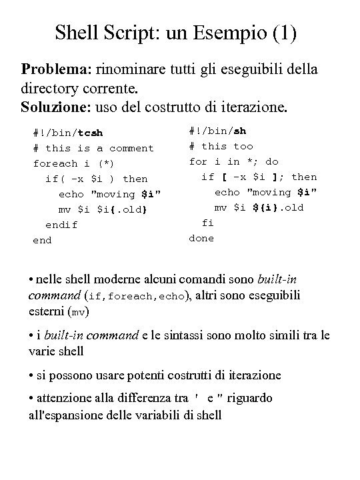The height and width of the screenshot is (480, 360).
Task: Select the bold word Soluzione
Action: (x=56, y=107)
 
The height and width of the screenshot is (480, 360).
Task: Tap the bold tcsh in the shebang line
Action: (x=91, y=133)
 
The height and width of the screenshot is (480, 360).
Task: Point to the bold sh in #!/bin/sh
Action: (x=239, y=131)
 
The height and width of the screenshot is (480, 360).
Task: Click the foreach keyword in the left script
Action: (x=55, y=163)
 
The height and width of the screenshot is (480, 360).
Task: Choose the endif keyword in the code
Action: (x=62, y=225)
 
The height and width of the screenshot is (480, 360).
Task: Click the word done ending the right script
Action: (x=202, y=238)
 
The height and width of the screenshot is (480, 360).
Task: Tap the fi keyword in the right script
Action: (x=208, y=223)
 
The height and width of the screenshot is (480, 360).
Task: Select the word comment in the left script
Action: (x=131, y=148)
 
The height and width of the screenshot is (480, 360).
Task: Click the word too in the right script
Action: (x=243, y=146)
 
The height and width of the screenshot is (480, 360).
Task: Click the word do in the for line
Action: (x=272, y=161)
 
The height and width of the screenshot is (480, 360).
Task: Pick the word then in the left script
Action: (x=135, y=179)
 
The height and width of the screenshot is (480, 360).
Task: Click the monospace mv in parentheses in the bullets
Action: (x=79, y=311)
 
